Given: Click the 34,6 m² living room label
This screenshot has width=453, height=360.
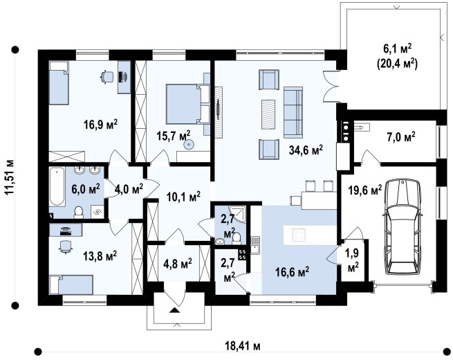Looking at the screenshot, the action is click(x=306, y=150).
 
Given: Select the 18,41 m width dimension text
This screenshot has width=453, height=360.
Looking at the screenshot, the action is click(x=243, y=345).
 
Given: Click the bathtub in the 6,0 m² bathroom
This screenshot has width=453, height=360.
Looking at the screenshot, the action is click(x=57, y=186).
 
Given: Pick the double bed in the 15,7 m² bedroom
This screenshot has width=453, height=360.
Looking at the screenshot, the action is click(x=187, y=104).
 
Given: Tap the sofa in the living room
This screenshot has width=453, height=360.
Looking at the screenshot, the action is click(x=293, y=112).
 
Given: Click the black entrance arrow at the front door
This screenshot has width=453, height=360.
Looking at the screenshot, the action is click(x=174, y=310).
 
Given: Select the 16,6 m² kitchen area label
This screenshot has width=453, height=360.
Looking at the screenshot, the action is click(x=292, y=272).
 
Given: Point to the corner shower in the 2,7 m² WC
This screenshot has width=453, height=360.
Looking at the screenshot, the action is click(x=237, y=215).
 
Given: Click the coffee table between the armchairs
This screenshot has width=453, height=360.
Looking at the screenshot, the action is click(x=268, y=114).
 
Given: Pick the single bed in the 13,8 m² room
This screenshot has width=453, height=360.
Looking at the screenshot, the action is click(x=71, y=285).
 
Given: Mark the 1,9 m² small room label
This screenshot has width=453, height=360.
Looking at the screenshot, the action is click(x=352, y=260).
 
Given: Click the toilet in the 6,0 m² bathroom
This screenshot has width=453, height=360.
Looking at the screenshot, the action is click(x=78, y=212).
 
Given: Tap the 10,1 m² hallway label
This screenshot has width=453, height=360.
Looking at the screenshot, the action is click(x=184, y=197).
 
